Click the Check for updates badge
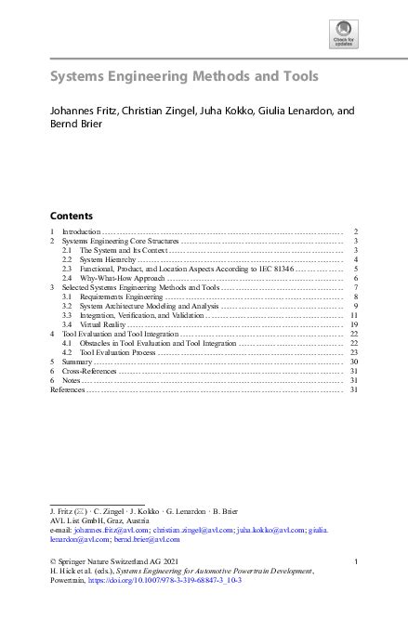pos(343,34)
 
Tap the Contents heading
pos(71,213)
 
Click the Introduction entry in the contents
pos(81,230)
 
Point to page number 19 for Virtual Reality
pos(354,324)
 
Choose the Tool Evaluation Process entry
pos(118,352)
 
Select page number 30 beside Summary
pos(354,362)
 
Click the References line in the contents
pos(67,389)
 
